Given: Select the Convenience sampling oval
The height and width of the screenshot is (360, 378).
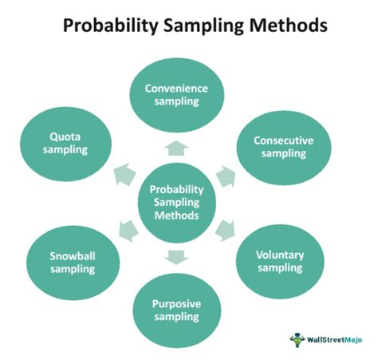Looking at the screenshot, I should click(x=176, y=97).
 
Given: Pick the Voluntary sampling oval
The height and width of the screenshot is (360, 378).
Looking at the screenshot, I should click(x=280, y=261).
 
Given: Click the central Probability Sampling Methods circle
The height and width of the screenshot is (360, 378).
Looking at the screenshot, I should click(x=176, y=202).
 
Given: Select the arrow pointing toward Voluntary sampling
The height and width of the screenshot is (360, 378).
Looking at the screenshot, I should click(x=226, y=232).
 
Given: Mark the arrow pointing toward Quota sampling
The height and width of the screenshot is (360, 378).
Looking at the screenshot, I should click(x=125, y=172).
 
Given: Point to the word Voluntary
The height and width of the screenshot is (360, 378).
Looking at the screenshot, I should click(x=280, y=255).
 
